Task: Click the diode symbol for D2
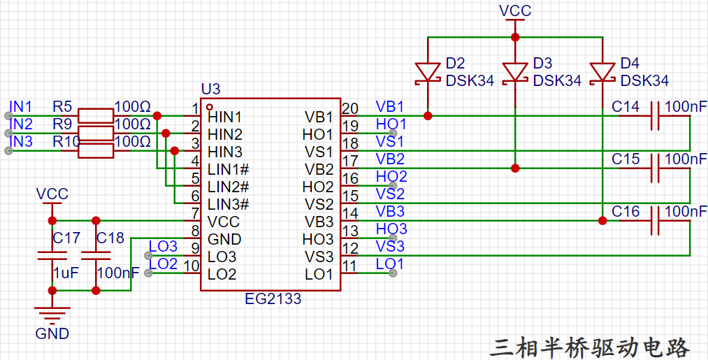pyautogui.click(x=428, y=72)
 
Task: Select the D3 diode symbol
pyautogui.click(x=515, y=72)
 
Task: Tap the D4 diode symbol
pyautogui.click(x=602, y=72)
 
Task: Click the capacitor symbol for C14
pyautogui.click(x=655, y=115)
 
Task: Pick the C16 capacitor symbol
pyautogui.click(x=655, y=221)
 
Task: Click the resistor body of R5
pyautogui.click(x=96, y=115)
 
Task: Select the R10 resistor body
pyautogui.click(x=96, y=151)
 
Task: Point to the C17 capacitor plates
pyautogui.click(x=52, y=256)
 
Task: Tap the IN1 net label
pyautogui.click(x=21, y=107)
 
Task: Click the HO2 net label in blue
pyautogui.click(x=391, y=177)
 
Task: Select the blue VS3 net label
pyautogui.click(x=390, y=247)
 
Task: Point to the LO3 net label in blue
pyautogui.click(x=163, y=247)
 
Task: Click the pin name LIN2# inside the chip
pyautogui.click(x=229, y=187)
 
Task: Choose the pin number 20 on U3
pyautogui.click(x=350, y=109)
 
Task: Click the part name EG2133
pyautogui.click(x=273, y=299)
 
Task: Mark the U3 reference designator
pyautogui.click(x=211, y=89)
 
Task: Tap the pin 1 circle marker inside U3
pyautogui.click(x=209, y=107)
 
